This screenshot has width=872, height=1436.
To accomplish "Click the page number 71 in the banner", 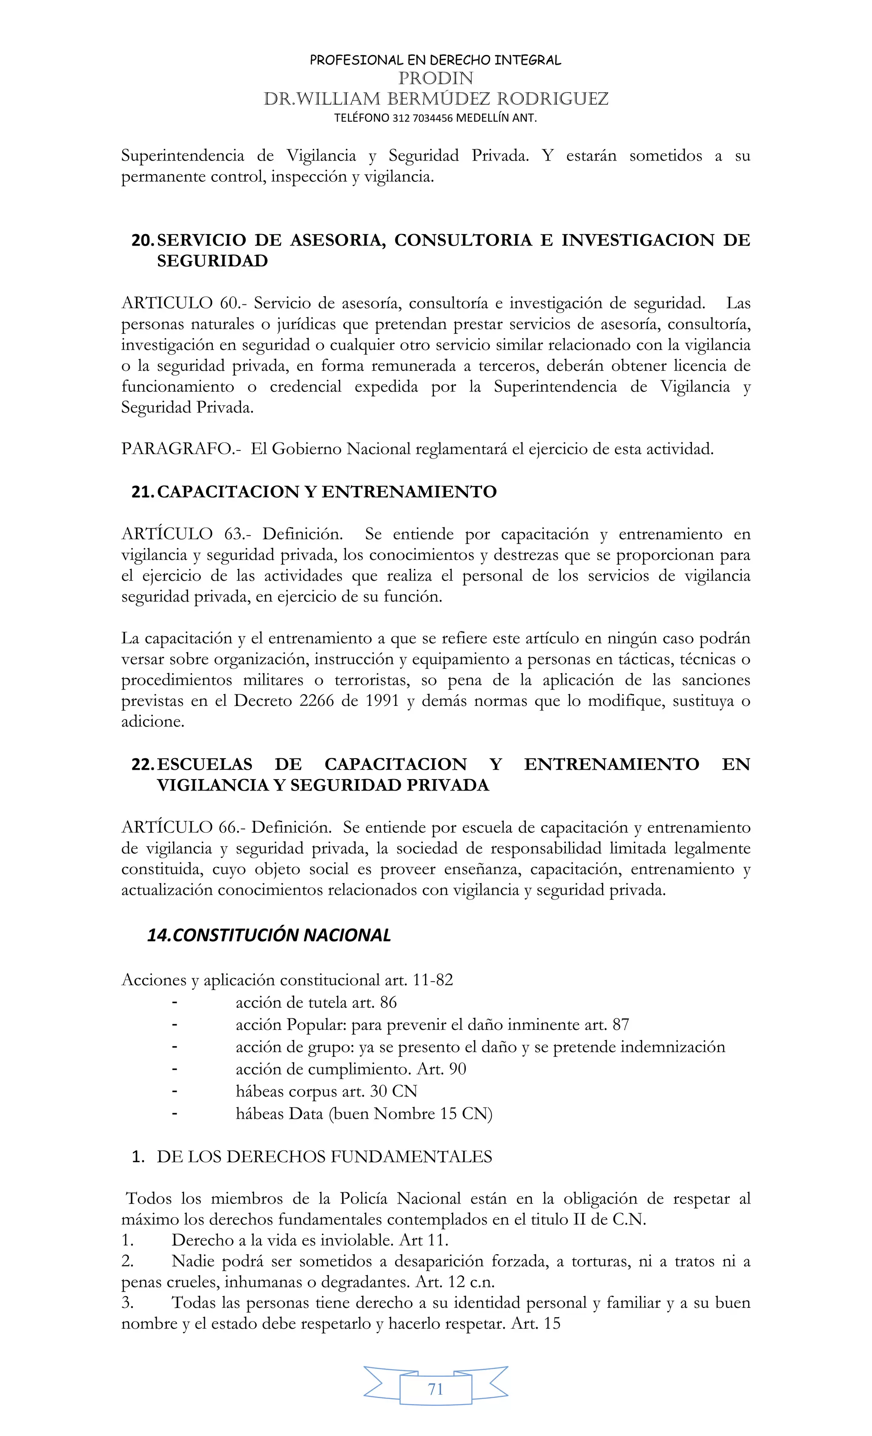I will tap(436, 1389).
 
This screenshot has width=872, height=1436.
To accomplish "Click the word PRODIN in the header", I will tap(436, 78).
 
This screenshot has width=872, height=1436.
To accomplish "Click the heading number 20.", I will tap(143, 240).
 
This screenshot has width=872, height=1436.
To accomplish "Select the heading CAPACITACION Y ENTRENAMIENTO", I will tap(327, 491).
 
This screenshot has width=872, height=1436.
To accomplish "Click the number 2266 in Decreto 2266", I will tap(317, 700).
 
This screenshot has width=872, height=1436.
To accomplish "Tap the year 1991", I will tap(382, 700).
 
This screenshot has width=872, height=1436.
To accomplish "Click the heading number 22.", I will tap(143, 764).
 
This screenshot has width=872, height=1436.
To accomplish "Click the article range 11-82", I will tap(433, 980).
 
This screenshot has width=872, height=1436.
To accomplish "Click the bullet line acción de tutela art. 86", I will tap(316, 1003).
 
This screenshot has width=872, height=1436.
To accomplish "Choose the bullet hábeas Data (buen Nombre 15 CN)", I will tap(364, 1114).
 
